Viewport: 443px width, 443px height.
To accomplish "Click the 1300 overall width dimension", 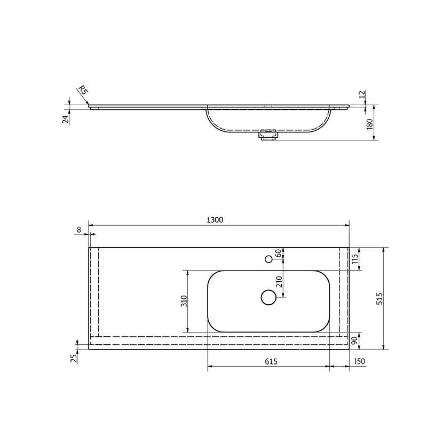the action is pos(215,220).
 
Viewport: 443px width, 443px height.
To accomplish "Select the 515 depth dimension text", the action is pos(379,299).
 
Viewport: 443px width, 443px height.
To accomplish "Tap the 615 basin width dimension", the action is pos(271,361).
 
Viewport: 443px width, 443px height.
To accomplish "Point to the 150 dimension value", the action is pos(359,361).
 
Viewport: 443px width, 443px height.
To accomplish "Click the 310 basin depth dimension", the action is pos(184,301).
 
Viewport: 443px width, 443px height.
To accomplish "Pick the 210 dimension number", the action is pos(279,282).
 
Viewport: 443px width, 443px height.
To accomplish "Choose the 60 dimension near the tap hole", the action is pos(278,253).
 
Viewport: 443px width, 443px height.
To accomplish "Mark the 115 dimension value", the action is pos(355,259).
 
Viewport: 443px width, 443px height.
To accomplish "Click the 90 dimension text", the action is pos(354,341).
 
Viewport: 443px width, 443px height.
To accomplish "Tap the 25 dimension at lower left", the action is pos(74,358).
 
